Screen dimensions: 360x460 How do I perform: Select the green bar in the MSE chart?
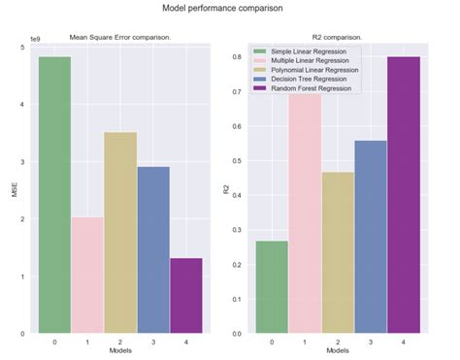click(x=54, y=194)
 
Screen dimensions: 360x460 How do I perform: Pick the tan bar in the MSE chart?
click(x=120, y=233)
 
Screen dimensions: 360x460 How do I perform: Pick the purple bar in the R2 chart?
click(x=403, y=194)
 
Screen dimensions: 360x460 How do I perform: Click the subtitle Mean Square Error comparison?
click(x=120, y=38)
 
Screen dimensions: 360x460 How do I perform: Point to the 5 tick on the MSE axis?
click(x=25, y=47)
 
